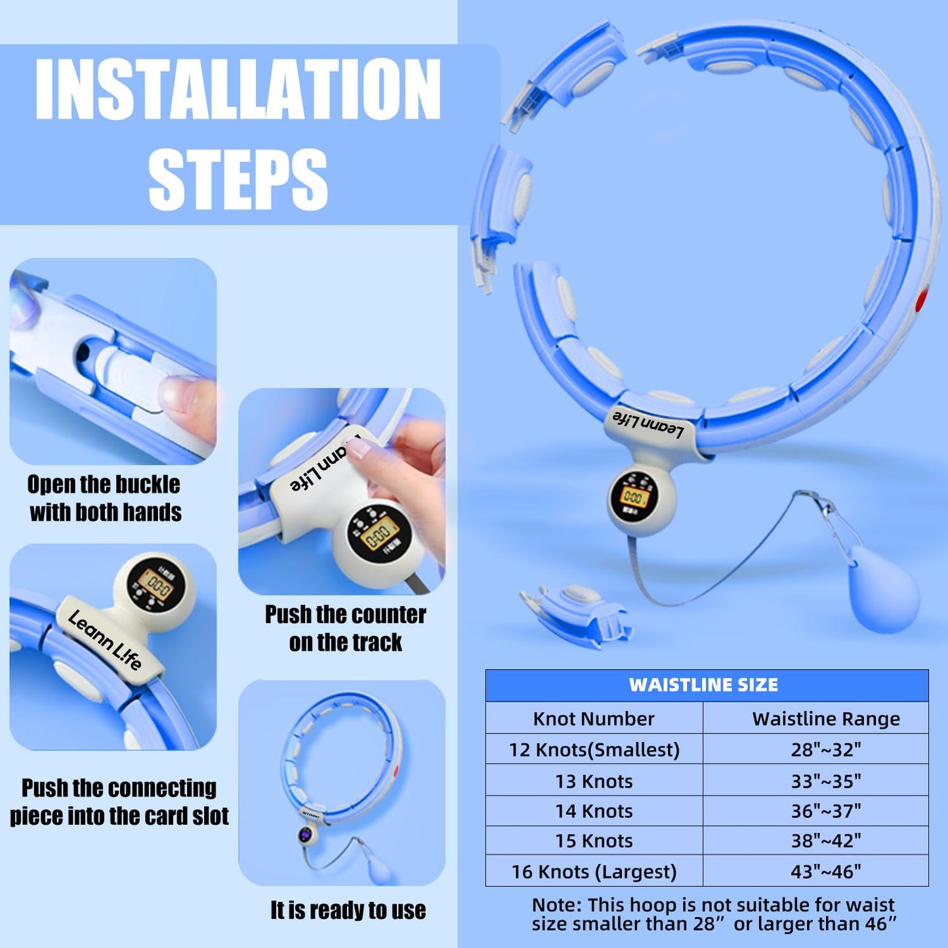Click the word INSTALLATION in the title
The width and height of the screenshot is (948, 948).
[x=237, y=89]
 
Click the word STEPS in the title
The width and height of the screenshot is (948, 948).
[x=237, y=178]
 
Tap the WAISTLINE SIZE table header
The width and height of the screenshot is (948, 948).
[x=703, y=685]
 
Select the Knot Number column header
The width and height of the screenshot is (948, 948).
[x=594, y=718]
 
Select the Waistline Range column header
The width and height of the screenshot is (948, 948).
[x=826, y=718]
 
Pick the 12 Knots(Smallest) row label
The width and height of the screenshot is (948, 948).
[x=594, y=749]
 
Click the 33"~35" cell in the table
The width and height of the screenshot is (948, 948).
[x=826, y=781]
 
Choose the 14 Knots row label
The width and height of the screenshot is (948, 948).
[x=594, y=811]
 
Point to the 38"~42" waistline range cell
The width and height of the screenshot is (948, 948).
[x=826, y=840]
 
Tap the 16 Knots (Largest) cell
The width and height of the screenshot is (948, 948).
[x=594, y=871]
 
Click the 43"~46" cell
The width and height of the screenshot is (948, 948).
[x=826, y=871]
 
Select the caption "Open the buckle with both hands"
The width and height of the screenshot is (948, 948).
[x=105, y=498]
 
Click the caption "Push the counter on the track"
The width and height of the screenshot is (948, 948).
[x=346, y=628]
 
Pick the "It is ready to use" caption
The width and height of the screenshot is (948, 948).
[x=348, y=910]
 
